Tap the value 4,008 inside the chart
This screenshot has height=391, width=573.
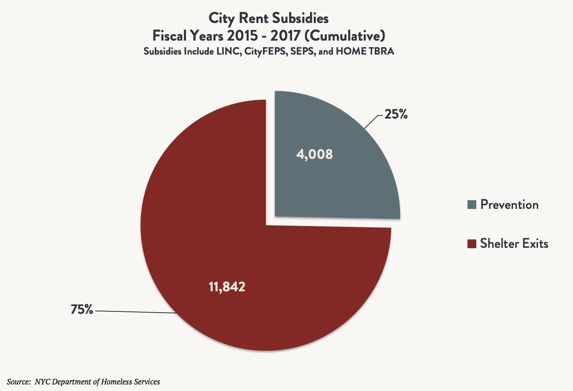coord(314,154)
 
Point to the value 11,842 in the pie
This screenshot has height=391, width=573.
coord(227,286)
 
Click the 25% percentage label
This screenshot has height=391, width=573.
coord(396,114)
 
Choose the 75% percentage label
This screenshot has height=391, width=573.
coord(82,309)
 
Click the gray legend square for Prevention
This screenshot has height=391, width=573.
coord(472,205)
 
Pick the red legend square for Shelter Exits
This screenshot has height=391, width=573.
coord(472,244)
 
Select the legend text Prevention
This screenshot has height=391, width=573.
coord(509,204)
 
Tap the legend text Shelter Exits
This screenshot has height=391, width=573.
coord(514,243)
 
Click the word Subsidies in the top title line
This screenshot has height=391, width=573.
coord(300,18)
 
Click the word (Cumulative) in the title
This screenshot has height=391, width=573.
coord(345,36)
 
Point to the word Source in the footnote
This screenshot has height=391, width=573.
coord(17,382)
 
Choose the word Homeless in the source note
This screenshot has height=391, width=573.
coord(117,382)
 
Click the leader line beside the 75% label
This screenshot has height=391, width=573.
coord(135,312)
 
